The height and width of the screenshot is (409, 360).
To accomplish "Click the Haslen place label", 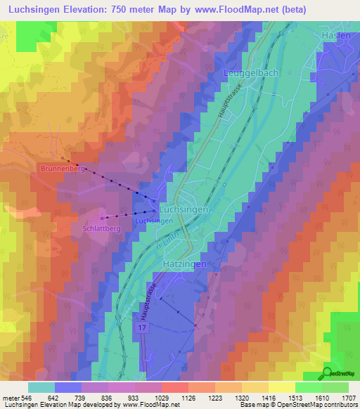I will click(x=336, y=36).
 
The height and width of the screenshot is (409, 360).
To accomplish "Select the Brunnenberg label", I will click(x=63, y=169).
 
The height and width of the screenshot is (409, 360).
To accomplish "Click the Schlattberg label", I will click(x=103, y=229).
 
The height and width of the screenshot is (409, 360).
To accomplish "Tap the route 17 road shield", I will click(x=143, y=328).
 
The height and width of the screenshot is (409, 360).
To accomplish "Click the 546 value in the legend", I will click(x=26, y=397).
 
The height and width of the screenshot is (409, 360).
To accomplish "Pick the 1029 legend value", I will click(x=161, y=397).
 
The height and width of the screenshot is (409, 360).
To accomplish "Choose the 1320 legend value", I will click(x=242, y=397).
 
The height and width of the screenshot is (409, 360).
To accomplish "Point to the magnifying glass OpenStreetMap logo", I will click(x=328, y=374).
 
